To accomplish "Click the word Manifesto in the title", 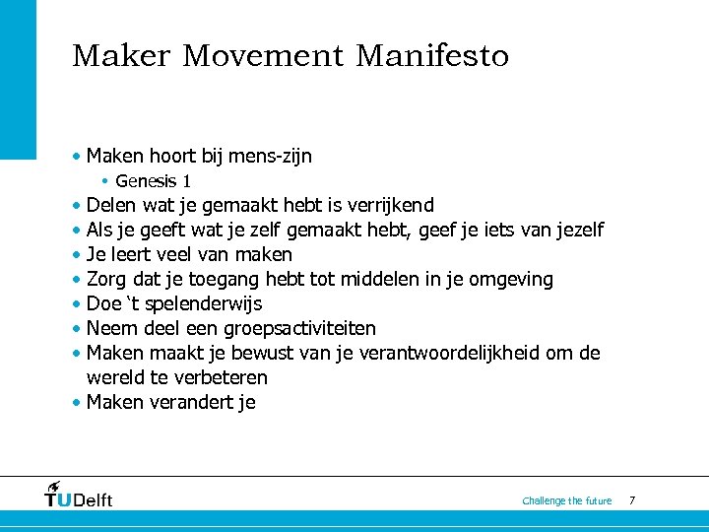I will (x=432, y=56).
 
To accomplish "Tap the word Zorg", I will (x=107, y=280).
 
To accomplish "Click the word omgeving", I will (x=510, y=280).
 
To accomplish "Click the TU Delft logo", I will (x=79, y=495).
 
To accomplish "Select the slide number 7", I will (x=632, y=500).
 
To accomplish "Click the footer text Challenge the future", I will (x=567, y=501).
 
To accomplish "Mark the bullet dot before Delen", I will (x=76, y=207).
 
